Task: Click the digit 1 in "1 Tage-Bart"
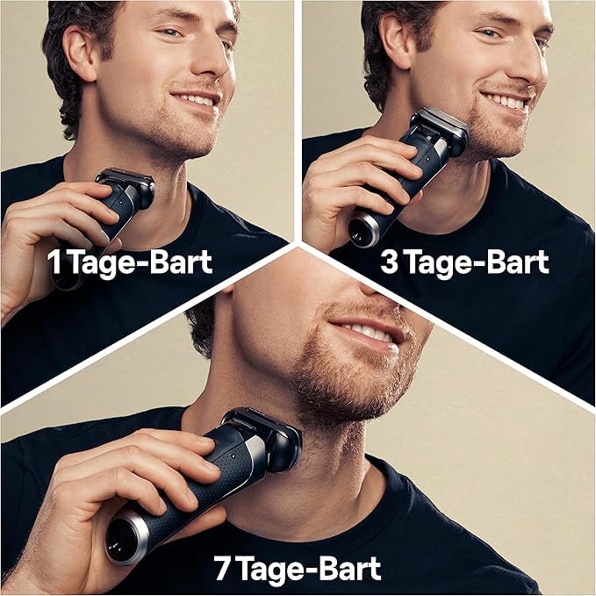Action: coord(54,262)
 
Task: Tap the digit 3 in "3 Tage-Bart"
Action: coord(389,262)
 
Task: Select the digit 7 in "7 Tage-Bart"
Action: coord(221,568)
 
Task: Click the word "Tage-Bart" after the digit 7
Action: coord(309,568)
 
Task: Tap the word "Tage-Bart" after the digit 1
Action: coord(140,262)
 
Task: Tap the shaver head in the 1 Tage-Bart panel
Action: coord(127,185)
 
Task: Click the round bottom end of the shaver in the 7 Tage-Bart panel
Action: coord(126,537)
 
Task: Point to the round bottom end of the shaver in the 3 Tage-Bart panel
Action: coord(363,229)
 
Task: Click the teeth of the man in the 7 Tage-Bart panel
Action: coord(366,332)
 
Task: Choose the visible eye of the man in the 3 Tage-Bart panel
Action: coord(492,33)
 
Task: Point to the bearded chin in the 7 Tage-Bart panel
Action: coord(342,395)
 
